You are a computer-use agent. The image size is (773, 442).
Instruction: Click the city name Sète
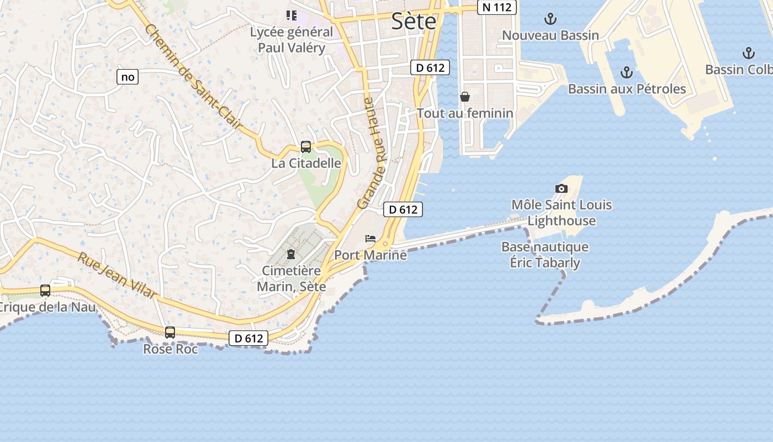414,21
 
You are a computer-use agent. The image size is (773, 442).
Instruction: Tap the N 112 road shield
496,7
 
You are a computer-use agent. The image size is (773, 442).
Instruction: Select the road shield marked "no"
128,77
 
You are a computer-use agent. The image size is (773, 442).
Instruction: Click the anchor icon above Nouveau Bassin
550,19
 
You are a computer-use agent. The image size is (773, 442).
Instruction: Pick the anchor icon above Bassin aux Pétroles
626,72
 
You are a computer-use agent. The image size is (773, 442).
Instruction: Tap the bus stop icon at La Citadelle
306,147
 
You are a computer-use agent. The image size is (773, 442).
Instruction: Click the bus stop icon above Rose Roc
170,333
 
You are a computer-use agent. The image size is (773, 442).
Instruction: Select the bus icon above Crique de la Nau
45,291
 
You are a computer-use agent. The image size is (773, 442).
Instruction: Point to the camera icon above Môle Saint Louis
561,188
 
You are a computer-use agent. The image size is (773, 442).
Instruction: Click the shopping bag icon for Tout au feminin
465,97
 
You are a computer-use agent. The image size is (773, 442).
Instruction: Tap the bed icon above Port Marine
370,239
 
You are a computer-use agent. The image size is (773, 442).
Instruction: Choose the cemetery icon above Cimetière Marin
291,254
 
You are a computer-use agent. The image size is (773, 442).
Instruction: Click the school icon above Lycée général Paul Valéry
291,15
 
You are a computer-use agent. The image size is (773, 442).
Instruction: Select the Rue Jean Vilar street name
117,276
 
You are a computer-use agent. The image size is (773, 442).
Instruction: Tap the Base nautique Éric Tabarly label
544,254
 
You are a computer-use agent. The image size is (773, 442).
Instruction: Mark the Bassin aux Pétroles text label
627,89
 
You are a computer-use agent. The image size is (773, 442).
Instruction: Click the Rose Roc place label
170,349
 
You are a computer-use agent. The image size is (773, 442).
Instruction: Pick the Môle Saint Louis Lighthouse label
562,213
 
